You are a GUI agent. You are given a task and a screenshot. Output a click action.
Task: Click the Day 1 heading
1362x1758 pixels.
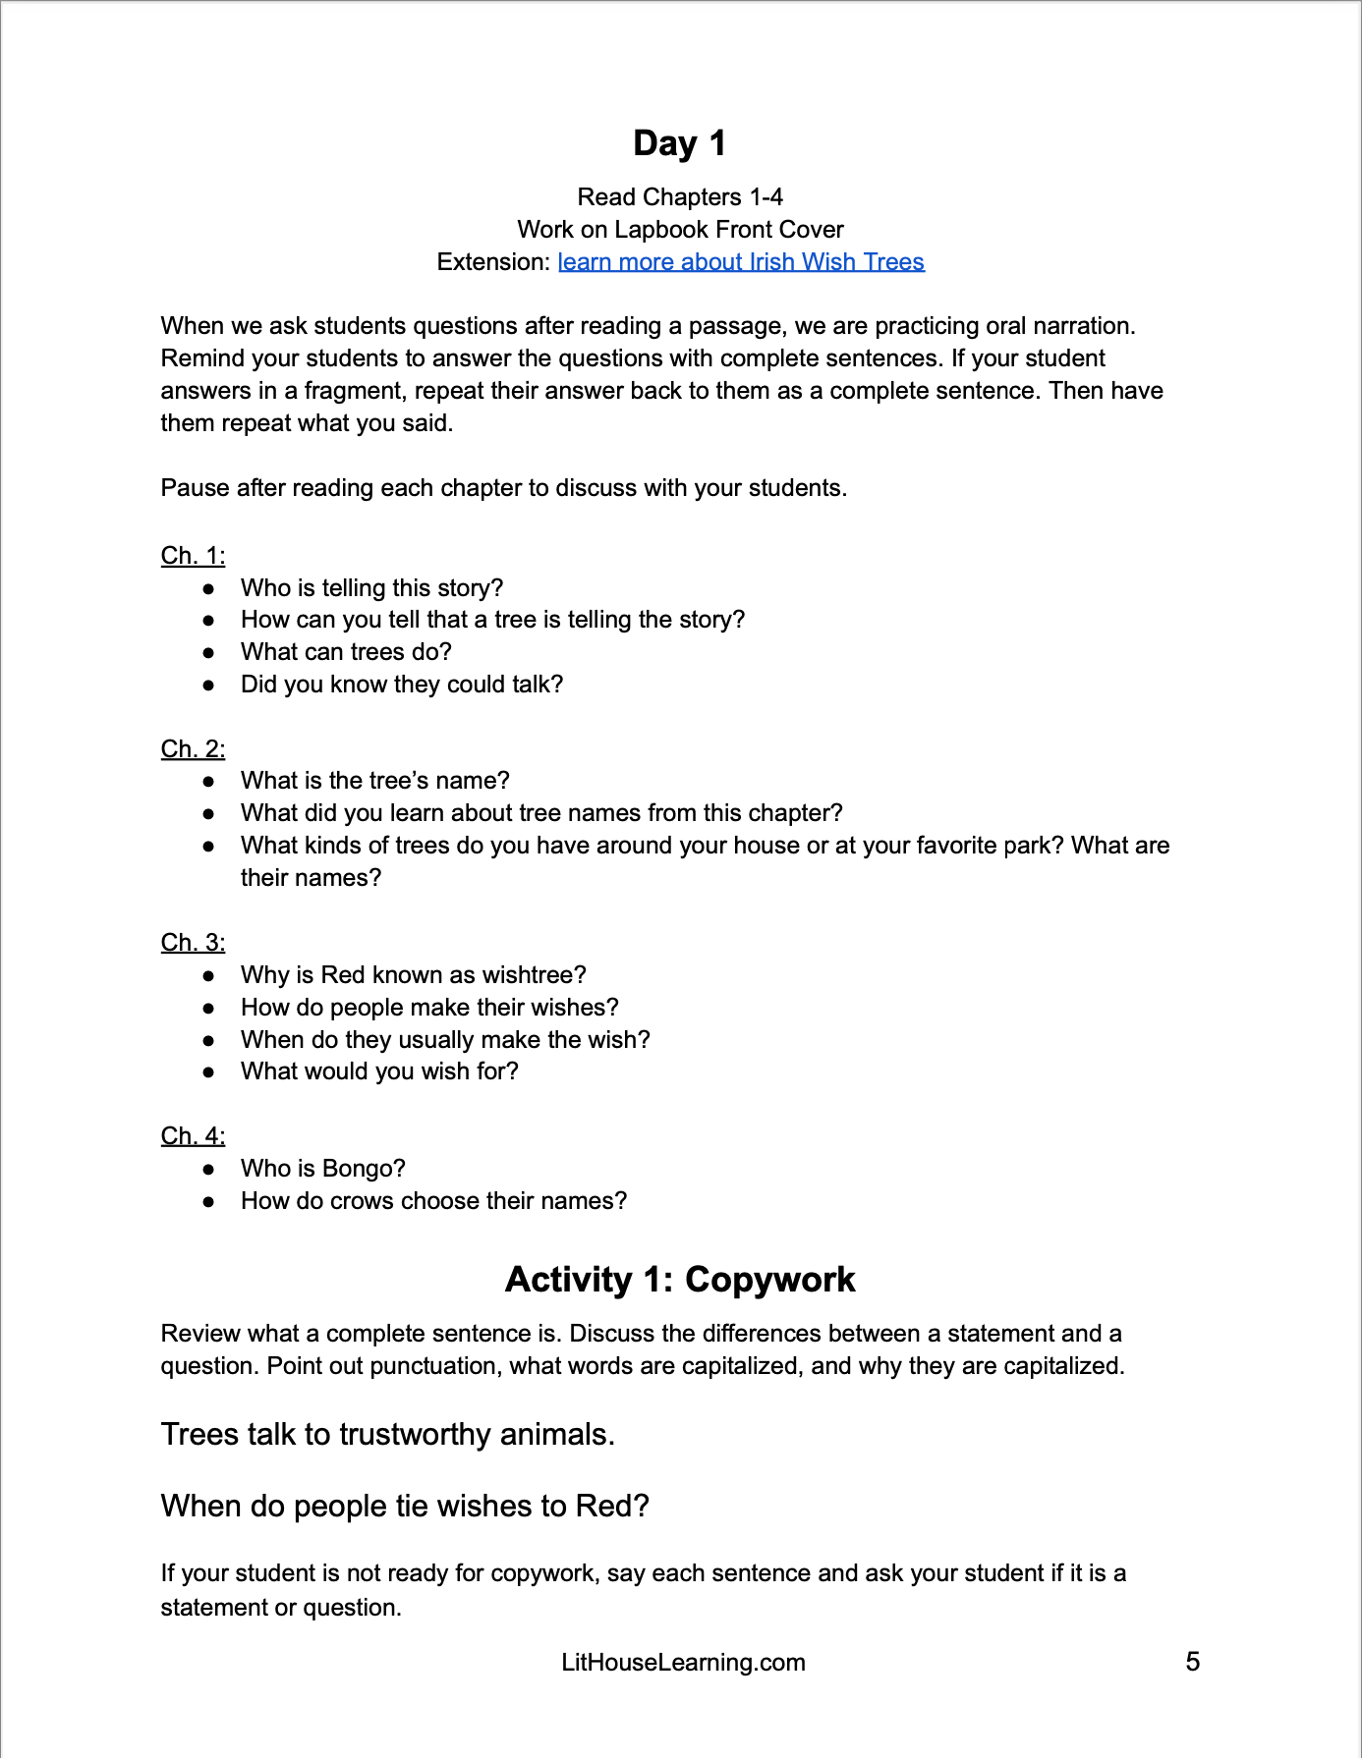pos(680,143)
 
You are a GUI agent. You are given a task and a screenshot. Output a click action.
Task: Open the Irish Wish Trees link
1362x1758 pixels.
pos(741,262)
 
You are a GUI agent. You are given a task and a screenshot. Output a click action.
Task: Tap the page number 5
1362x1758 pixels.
pos(1192,1662)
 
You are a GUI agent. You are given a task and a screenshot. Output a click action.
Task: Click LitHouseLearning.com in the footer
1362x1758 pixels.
pos(683,1663)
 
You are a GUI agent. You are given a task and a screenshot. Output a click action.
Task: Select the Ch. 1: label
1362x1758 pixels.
pos(193,556)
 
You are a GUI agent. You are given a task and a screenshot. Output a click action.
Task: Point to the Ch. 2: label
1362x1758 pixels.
pos(193,749)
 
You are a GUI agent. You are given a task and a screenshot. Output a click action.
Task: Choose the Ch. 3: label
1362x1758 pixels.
pos(193,943)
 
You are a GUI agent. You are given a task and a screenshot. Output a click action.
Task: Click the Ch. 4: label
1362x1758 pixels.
pos(193,1136)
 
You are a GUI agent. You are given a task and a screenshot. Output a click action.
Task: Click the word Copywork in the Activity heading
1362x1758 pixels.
pos(769,1280)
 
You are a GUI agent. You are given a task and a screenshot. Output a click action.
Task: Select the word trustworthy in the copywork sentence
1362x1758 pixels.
pos(416,1435)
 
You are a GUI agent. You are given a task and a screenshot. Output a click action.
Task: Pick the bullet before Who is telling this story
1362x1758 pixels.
pos(208,588)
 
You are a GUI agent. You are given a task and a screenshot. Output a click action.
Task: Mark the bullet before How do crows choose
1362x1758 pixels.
pos(208,1201)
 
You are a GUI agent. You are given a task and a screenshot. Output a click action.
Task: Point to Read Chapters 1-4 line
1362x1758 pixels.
pos(680,197)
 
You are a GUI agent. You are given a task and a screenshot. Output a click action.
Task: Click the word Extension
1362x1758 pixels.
pos(492,262)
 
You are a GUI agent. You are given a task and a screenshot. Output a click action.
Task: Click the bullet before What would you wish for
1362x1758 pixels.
pos(208,1071)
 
